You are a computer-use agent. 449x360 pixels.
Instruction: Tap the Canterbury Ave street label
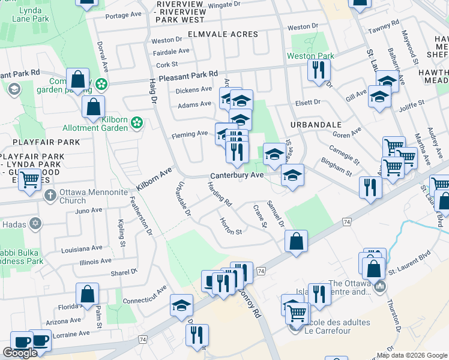tap(237, 175)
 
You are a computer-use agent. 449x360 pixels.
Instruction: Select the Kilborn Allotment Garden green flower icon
tap(137, 122)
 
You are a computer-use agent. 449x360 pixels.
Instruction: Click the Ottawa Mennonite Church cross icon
tap(50, 194)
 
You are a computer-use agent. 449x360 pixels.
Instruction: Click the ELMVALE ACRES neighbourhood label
tap(222, 34)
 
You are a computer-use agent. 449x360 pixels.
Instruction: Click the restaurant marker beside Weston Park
tap(319, 70)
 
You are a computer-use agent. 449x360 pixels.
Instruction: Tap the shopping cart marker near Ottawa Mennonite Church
tap(29, 179)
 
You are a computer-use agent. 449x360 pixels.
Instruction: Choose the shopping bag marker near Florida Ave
tap(87, 293)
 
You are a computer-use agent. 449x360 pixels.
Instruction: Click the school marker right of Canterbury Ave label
tap(292, 175)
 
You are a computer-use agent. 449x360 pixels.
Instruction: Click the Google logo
tap(20, 353)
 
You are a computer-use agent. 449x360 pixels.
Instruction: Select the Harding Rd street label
tap(220, 195)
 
